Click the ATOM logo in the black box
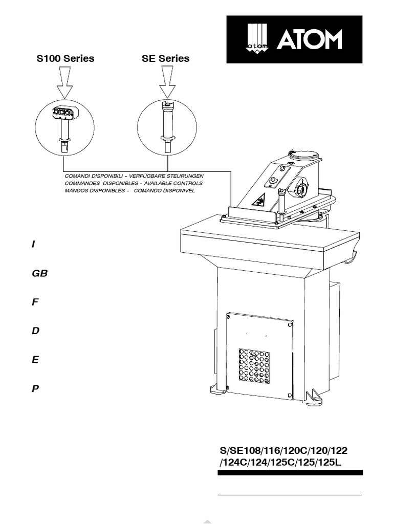[x=294, y=39]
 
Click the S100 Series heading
[x=65, y=58]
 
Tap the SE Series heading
[x=165, y=58]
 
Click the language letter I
[x=33, y=245]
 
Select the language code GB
[x=39, y=273]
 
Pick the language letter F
[x=35, y=302]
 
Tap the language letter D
[x=35, y=331]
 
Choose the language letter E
[x=35, y=360]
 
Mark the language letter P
[x=35, y=388]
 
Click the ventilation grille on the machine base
[x=254, y=367]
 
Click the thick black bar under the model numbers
[x=290, y=473]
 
